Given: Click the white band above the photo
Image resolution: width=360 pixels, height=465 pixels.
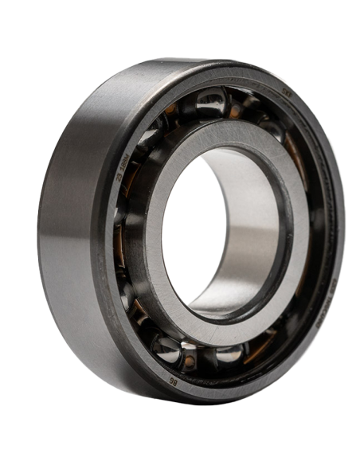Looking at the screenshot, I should (180, 24).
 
